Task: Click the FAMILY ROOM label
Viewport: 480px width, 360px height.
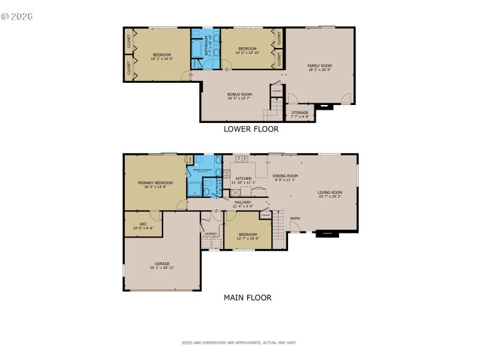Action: [319, 66]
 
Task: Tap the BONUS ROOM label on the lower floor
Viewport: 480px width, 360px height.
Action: [239, 94]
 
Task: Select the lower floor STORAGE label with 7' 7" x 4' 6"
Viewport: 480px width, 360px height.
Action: [300, 113]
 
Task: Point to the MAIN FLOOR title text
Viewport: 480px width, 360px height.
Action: [247, 298]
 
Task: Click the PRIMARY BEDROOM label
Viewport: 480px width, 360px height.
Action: [155, 183]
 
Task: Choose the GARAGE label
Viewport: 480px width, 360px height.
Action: [162, 263]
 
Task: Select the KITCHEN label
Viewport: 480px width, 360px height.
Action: [243, 179]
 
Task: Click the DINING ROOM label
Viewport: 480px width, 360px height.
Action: [285, 176]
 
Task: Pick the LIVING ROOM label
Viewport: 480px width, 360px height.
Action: [329, 193]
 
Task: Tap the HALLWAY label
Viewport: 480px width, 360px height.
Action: [243, 202]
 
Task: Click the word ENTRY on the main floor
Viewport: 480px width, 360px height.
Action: [295, 218]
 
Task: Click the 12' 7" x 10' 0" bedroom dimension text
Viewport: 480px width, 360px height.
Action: [248, 238]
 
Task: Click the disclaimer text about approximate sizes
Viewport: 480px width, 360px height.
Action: [239, 343]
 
